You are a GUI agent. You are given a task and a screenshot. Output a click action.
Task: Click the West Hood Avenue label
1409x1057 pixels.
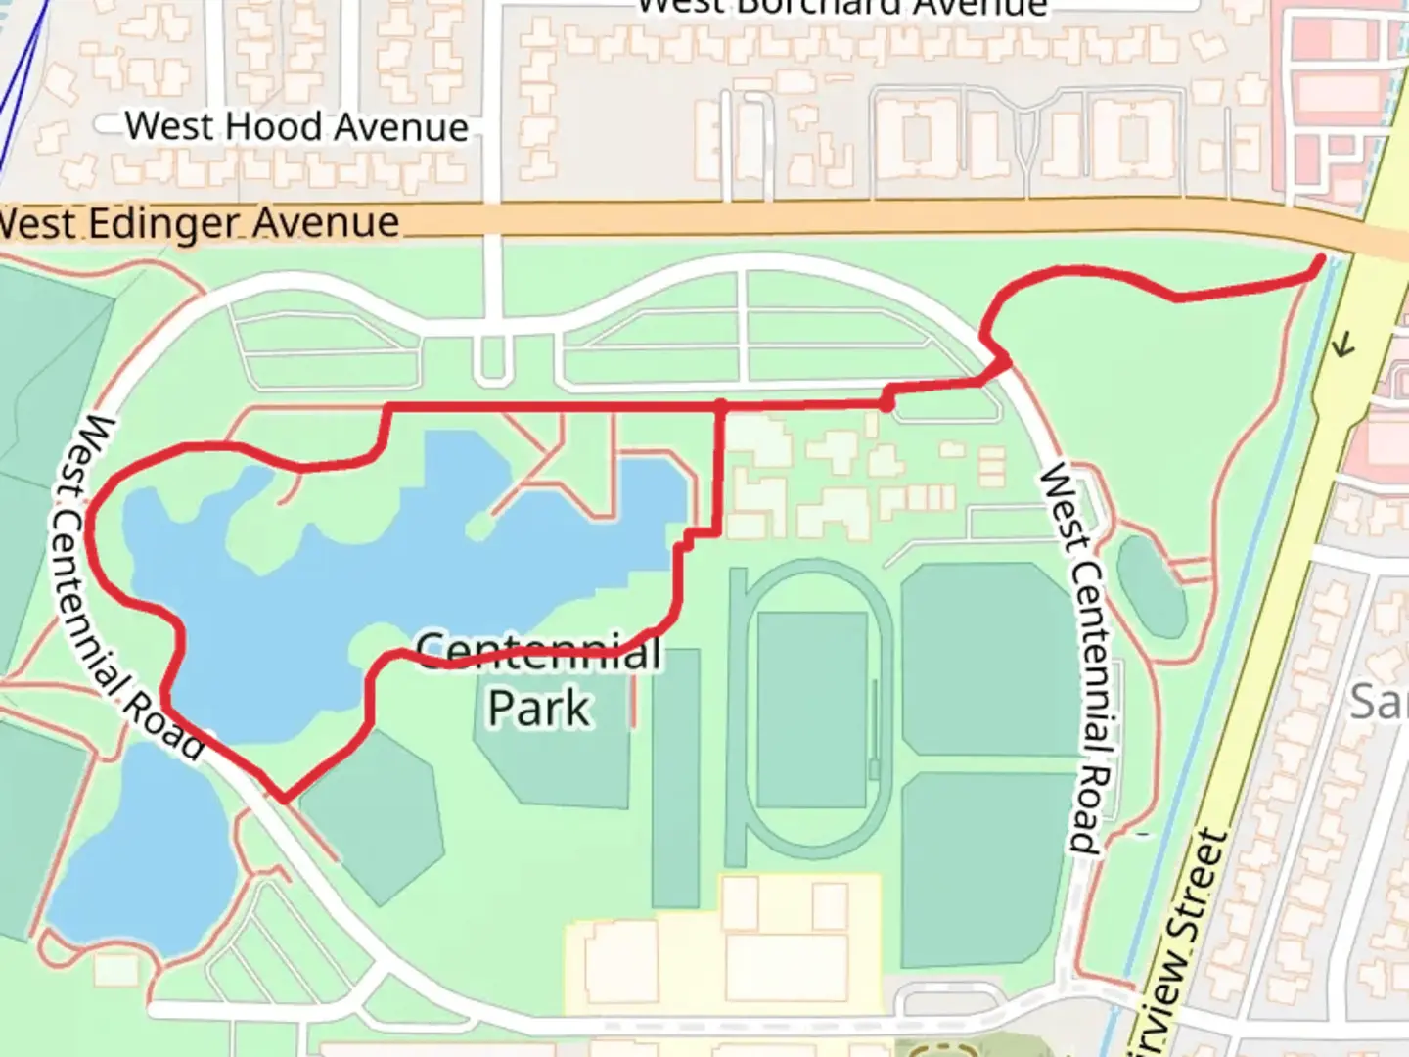pos(296,126)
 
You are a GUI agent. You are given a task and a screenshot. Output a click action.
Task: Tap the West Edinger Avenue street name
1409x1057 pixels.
pos(200,224)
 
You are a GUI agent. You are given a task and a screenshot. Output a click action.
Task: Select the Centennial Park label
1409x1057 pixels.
pos(539,678)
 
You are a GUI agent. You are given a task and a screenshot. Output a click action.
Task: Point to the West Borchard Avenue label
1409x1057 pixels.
pos(841,8)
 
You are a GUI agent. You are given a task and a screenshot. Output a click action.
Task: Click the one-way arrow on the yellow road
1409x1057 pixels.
pos(1342,344)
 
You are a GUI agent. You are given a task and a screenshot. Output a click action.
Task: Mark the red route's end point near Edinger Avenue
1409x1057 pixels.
pos(1321,259)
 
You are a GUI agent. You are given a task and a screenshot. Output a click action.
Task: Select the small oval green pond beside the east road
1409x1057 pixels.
pos(1152,585)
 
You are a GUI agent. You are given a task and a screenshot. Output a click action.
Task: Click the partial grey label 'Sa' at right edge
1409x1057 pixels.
pos(1380,702)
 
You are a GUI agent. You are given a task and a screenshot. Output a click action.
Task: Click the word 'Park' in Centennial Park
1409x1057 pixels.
pos(539,708)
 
